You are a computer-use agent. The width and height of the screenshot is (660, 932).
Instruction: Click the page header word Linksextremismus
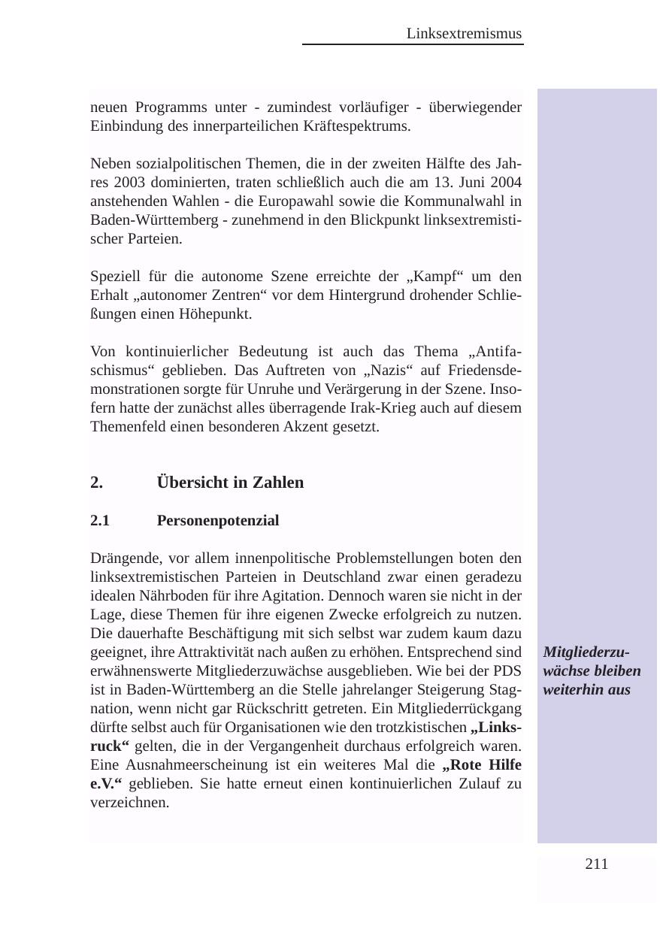pos(464,34)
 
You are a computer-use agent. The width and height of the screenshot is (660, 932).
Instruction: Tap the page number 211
pos(596,864)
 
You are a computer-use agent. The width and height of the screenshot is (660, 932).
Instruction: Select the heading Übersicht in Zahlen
pos(230,483)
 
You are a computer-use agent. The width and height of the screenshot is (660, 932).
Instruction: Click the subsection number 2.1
pos(100,521)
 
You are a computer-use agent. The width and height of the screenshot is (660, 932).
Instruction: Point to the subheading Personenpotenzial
pos(218,521)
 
